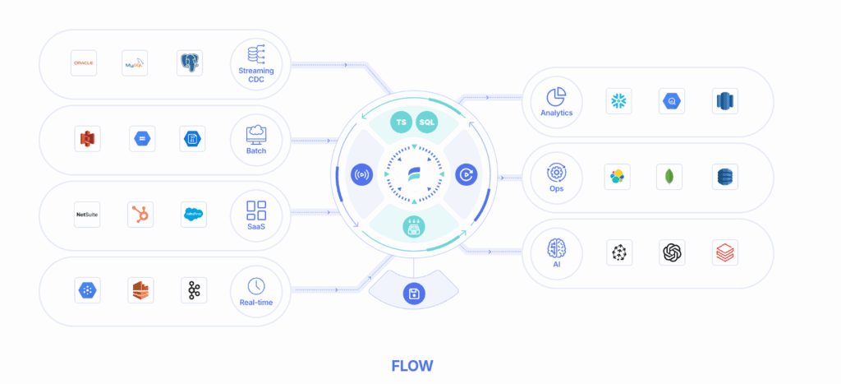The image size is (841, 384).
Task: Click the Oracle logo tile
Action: point(84,62)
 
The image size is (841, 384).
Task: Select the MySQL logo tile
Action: point(134,62)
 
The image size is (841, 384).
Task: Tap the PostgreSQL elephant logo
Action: point(189,62)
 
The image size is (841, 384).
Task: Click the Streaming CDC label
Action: point(256,76)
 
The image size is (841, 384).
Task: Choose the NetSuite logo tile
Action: point(87,215)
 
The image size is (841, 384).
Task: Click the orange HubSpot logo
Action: point(140,215)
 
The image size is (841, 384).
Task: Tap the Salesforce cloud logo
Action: point(194,215)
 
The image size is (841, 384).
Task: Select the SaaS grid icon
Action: point(256,209)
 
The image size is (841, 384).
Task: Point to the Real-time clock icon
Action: point(256,285)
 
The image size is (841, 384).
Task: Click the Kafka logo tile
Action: point(194,290)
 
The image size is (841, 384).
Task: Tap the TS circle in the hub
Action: point(401,122)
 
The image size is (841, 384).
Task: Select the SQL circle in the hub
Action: point(428,122)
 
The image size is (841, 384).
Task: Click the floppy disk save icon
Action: point(414,294)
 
